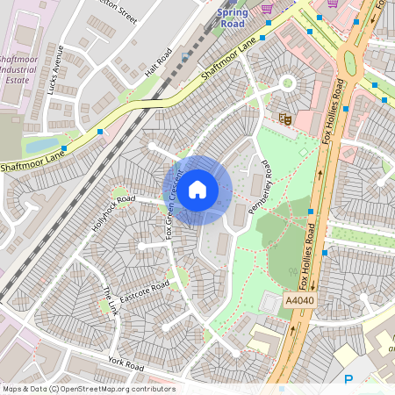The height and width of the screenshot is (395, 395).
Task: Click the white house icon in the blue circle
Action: (x=197, y=188)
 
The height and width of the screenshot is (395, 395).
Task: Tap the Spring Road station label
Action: (x=233, y=18)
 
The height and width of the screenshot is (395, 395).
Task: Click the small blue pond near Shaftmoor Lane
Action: (x=41, y=145)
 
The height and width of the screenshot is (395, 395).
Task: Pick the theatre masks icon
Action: (x=284, y=117)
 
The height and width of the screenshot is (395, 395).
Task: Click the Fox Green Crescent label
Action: (x=173, y=202)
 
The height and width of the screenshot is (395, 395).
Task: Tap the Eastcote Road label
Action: (x=144, y=291)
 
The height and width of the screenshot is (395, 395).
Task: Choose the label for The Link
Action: (x=109, y=299)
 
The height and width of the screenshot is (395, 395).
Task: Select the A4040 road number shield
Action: (x=298, y=301)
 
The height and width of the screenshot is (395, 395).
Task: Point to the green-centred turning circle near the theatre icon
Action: (x=286, y=84)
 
